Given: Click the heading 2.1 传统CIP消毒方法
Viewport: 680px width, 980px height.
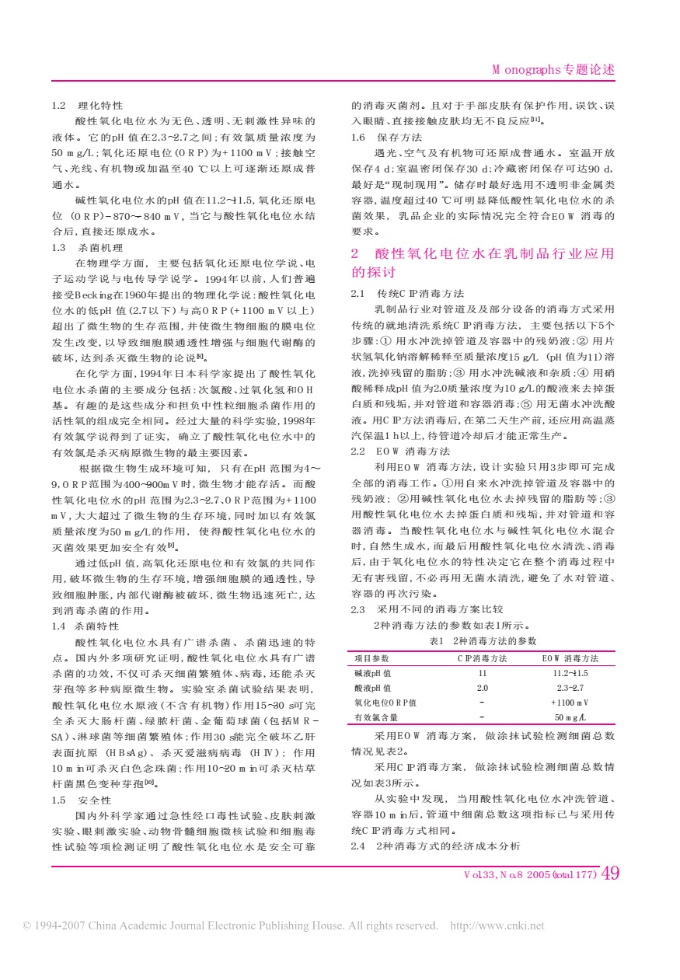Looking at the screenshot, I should click(408, 294).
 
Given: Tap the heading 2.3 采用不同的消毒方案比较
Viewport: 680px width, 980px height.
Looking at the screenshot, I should click(422, 610).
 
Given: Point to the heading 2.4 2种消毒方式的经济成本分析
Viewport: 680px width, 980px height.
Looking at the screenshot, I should click(435, 845).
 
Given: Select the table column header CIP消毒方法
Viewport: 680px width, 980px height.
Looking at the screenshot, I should click(482, 658).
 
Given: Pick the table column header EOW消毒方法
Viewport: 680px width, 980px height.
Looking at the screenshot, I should click(570, 658).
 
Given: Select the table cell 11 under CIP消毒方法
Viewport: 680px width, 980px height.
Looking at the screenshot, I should click(482, 673).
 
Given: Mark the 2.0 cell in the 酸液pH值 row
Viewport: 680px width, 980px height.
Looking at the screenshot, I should click(482, 688).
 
